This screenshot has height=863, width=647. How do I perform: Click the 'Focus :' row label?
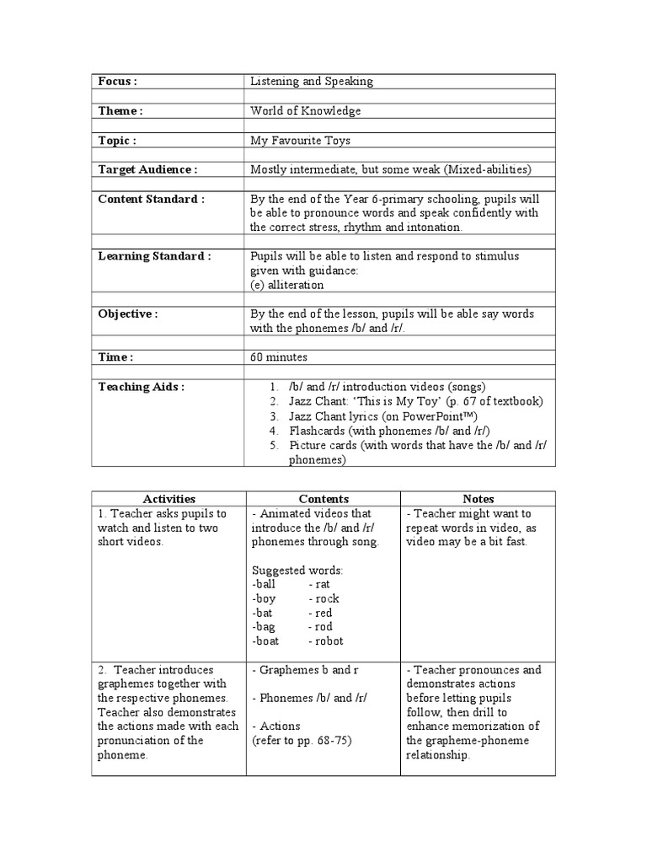tap(117, 82)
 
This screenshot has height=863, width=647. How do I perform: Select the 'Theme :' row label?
tap(120, 111)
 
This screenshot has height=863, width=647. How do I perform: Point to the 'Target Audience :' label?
tap(147, 170)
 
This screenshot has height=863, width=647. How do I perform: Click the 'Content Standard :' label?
tap(151, 200)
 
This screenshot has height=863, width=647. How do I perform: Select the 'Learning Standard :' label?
tap(154, 256)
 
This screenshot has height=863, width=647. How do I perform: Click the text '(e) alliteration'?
tap(287, 285)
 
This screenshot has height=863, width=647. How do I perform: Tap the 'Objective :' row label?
tap(127, 314)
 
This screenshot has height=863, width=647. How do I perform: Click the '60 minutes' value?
tap(278, 357)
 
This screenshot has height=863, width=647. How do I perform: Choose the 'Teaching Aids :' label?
tap(141, 387)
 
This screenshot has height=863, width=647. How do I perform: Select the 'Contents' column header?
tap(323, 499)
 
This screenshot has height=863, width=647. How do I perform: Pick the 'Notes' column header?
tap(478, 499)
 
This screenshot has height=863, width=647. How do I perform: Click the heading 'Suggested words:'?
tap(296, 571)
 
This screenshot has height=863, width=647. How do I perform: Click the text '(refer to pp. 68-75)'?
tap(302, 741)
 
